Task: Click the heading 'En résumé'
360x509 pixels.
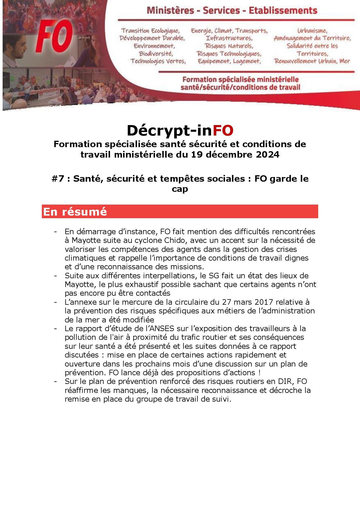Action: tap(75, 212)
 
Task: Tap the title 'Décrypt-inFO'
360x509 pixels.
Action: tap(180, 131)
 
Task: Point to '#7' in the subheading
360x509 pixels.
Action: tap(58, 179)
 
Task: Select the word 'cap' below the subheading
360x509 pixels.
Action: tap(180, 189)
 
